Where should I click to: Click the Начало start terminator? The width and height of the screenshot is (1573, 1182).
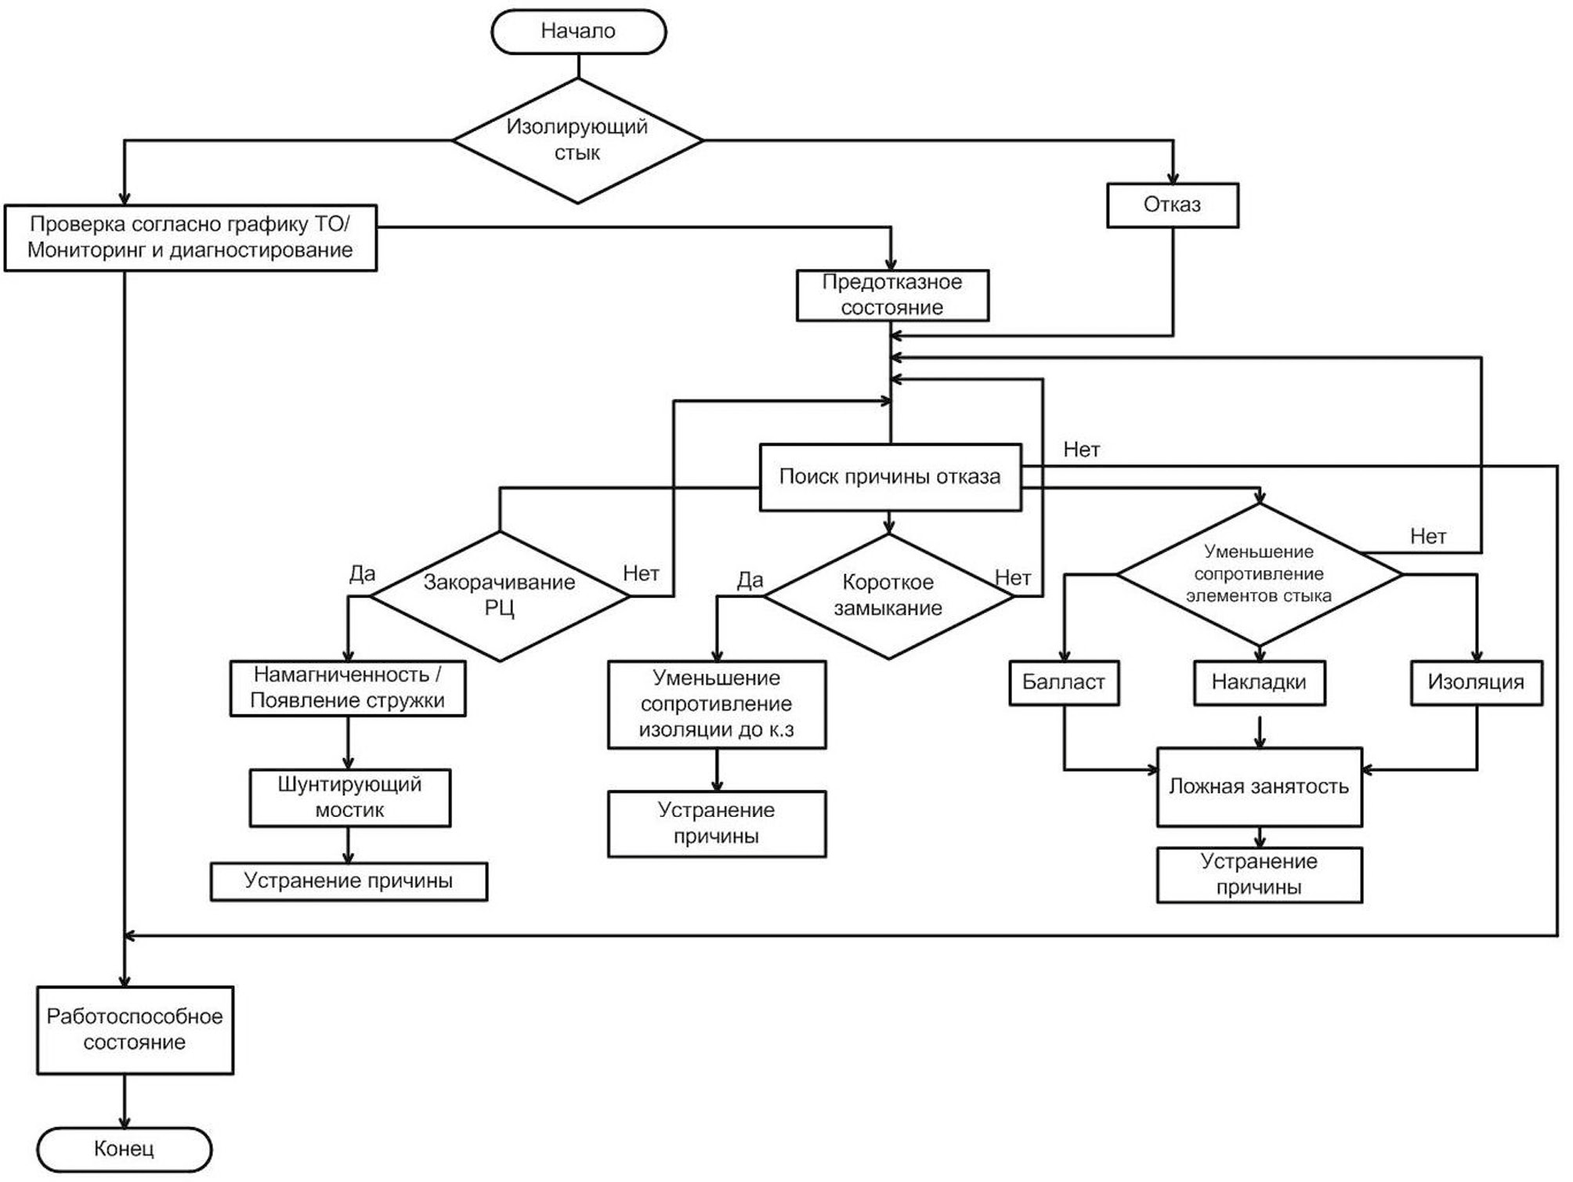[x=578, y=31]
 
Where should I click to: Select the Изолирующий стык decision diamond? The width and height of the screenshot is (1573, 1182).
[x=577, y=140]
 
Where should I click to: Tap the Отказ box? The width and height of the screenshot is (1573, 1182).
[x=1172, y=205]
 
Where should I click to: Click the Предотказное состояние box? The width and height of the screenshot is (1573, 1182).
[x=892, y=295]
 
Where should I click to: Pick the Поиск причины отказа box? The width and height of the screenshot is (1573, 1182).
[x=890, y=477]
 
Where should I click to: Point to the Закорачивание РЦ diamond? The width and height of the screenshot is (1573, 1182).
[x=499, y=595]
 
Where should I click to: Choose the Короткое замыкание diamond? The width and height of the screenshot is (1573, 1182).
[x=888, y=595]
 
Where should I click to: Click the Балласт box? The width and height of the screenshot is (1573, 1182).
[x=1063, y=683]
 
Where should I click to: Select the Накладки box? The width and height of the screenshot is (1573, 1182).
[x=1259, y=683]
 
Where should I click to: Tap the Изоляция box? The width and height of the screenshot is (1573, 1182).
[x=1476, y=683]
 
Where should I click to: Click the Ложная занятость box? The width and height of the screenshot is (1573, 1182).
[x=1259, y=786]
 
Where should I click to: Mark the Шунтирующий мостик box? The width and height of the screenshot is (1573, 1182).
[x=349, y=797]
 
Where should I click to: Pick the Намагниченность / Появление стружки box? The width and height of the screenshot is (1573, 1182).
[x=347, y=688]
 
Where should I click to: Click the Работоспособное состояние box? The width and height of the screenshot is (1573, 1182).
[x=135, y=1029]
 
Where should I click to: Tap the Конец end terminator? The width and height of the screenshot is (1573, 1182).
[x=124, y=1149]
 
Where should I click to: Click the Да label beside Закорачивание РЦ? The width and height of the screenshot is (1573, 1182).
[x=362, y=574]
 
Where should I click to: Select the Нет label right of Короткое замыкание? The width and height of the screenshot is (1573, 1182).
[x=1012, y=578]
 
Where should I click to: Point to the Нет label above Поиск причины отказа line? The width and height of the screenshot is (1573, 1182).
[x=1081, y=450]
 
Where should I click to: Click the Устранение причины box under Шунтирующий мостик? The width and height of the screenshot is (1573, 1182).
[x=349, y=881]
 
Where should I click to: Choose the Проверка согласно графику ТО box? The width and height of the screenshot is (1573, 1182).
[x=190, y=237]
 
